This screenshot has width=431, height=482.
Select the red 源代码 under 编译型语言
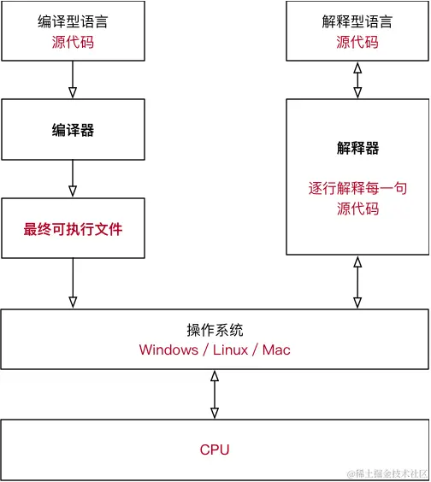tap(72, 42)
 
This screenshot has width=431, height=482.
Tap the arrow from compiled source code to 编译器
tap(73, 80)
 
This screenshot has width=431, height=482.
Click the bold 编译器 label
tap(73, 130)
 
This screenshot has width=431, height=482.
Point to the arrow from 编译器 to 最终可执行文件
tap(73, 179)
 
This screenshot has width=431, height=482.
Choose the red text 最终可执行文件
tap(73, 229)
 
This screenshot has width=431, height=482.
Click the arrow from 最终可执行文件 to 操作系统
tap(73, 283)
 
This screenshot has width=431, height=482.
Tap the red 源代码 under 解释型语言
tap(357, 42)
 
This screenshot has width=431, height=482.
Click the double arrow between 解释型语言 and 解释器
tap(357, 80)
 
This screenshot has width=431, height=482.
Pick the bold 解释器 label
tap(357, 148)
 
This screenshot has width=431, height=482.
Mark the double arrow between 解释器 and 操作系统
tap(357, 283)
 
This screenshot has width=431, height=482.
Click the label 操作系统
tap(215, 331)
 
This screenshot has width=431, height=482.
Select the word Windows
tap(168, 350)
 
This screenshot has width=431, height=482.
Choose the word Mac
tap(276, 350)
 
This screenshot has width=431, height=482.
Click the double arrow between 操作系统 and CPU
tap(215, 394)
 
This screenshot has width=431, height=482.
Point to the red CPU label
tap(215, 450)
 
